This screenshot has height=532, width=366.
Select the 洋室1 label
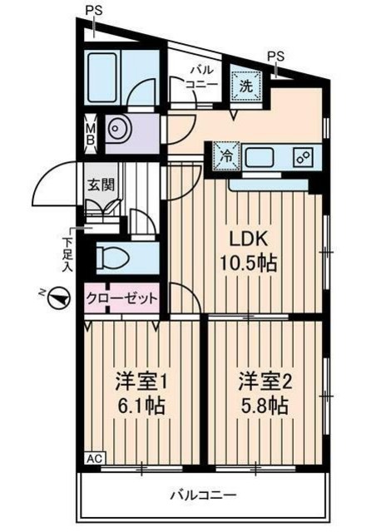coord(141,383)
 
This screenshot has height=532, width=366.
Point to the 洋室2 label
coord(265,383)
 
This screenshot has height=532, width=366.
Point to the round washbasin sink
coord(120,134)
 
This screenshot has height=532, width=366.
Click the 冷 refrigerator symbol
coord(225,155)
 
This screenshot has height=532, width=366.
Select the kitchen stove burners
coord(303,155)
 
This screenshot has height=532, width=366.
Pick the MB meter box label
coord(91,134)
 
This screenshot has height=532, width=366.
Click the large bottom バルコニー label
coord(200,496)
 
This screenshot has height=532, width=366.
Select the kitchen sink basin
coord(265,155)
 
